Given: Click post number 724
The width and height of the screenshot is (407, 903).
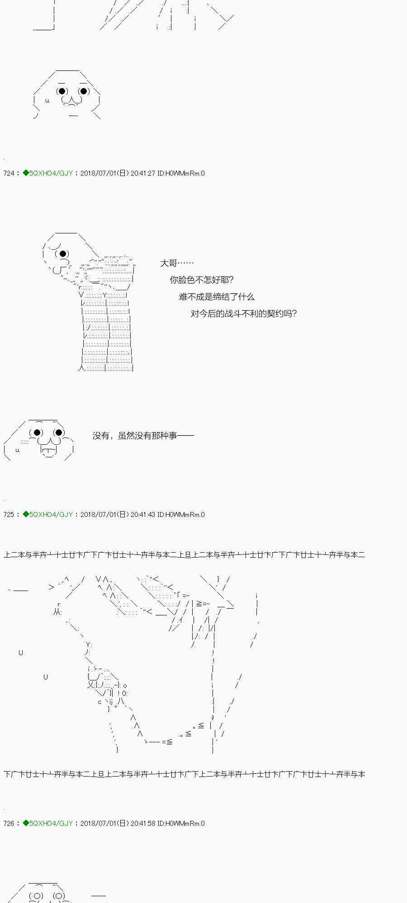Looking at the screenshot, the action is pos(9,173).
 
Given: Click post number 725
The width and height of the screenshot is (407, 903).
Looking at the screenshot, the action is pos(9,515).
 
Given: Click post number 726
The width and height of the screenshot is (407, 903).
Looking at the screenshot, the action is pos(9,824).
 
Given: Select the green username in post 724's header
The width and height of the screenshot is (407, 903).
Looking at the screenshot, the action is pos(51,173).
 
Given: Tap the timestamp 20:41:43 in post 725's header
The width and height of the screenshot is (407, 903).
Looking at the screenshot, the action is pos(143,515).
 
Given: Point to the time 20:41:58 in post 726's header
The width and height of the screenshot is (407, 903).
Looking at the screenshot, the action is pos(143,824).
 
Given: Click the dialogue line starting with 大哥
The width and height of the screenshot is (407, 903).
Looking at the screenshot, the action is pos(177,263).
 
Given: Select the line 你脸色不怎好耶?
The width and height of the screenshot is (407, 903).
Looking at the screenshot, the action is pos(202,280).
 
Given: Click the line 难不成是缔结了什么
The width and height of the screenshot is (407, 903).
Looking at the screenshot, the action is pos(217,297).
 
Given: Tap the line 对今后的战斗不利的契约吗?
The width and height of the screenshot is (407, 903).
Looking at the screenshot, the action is pos(244,313).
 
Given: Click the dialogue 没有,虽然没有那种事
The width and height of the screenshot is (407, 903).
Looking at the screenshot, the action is pos(143,436).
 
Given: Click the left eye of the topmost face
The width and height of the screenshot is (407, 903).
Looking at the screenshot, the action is pos(62,91).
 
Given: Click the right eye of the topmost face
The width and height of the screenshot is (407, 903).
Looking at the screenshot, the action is pos(84,91).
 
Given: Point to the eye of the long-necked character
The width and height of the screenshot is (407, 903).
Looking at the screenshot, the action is pos(63,254).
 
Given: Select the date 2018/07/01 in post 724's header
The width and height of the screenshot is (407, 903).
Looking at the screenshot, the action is pos(98,173).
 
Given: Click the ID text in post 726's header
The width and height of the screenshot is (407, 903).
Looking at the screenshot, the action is pos(181,824).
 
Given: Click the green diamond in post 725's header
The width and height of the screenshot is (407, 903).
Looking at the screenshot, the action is pos(26,514).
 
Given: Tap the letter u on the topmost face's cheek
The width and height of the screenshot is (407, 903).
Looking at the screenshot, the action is pos(47,101).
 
